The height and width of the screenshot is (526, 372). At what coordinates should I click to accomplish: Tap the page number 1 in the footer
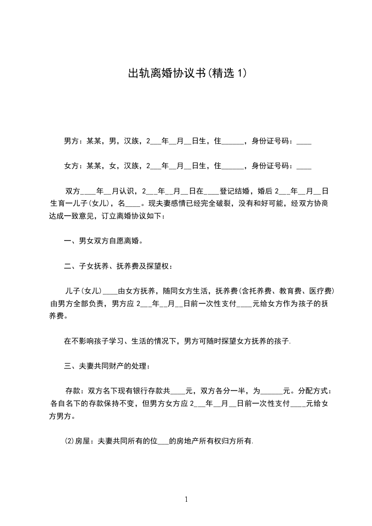coord(186,499)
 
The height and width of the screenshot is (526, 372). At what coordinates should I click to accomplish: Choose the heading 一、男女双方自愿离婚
coord(103,241)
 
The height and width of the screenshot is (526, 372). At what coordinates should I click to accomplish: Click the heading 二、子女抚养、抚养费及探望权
coord(118,267)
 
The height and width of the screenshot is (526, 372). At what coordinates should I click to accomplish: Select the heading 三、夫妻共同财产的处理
coord(107,366)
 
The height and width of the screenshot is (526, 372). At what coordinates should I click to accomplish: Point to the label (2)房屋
coord(77,441)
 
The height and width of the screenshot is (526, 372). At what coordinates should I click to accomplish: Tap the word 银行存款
coord(147,391)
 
